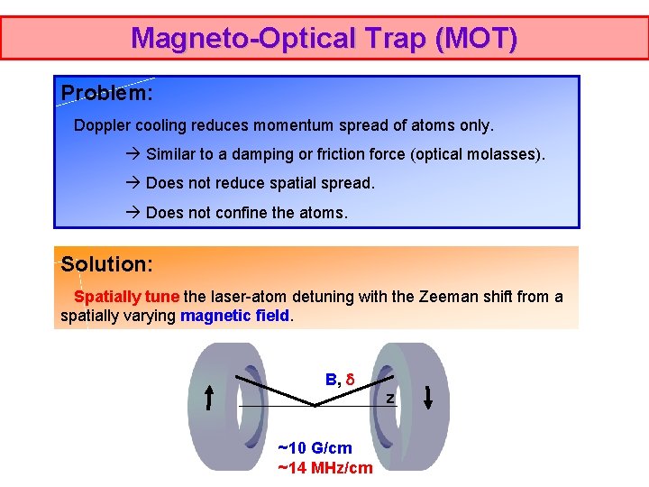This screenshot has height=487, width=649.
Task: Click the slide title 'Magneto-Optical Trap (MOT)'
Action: pos(324,38)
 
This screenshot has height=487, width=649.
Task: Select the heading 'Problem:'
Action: pos(106,93)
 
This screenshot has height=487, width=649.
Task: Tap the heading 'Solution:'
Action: pos(106,264)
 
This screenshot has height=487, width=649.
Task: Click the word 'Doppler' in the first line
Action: pos(103,125)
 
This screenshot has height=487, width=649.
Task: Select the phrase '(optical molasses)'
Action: pos(477,154)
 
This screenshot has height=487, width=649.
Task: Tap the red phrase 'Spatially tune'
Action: pos(127,297)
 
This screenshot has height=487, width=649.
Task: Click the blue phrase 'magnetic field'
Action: pos(235,316)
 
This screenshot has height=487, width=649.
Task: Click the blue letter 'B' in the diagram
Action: pos(331,380)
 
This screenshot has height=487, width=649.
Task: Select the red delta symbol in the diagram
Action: pos(351,380)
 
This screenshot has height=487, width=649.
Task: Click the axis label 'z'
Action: pos(390,398)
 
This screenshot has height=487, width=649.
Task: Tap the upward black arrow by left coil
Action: pos(209,398)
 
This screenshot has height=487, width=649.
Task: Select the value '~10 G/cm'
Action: pos(315,448)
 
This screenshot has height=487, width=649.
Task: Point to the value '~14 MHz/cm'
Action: pos(324,467)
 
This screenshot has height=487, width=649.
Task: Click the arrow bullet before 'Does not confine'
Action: pos(133,213)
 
